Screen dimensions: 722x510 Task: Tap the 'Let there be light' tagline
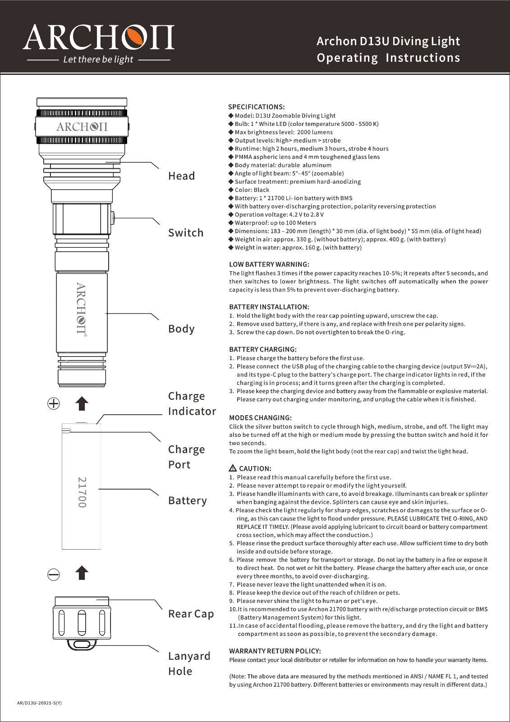pyautogui.click(x=98, y=60)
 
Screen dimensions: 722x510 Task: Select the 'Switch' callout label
pyautogui.click(x=186, y=233)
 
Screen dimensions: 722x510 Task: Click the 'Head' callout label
pyautogui.click(x=181, y=176)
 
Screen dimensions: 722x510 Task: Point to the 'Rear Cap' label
pyautogui.click(x=191, y=614)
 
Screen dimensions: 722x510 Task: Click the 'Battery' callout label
pyautogui.click(x=187, y=500)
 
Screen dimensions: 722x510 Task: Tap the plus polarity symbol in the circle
pyautogui.click(x=54, y=403)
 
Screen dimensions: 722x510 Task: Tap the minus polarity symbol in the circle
pyautogui.click(x=54, y=574)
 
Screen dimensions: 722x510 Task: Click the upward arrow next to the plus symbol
pyautogui.click(x=82, y=403)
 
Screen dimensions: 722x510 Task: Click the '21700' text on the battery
pyautogui.click(x=82, y=492)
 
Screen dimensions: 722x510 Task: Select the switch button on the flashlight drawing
pyautogui.click(x=112, y=218)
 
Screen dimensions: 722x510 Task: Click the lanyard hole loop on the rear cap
pyautogui.click(x=82, y=644)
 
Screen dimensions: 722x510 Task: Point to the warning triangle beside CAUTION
pyautogui.click(x=233, y=468)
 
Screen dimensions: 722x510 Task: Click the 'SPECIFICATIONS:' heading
pyautogui.click(x=256, y=107)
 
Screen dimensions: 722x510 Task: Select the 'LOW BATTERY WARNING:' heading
pyautogui.click(x=269, y=264)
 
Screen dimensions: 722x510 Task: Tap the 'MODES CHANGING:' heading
pyautogui.click(x=260, y=418)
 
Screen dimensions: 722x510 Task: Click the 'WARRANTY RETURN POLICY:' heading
pyautogui.click(x=275, y=651)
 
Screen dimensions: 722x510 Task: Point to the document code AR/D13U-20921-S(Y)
pyautogui.click(x=39, y=703)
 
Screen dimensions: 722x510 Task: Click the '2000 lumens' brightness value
pyautogui.click(x=315, y=132)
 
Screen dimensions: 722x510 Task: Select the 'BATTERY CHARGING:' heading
pyautogui.click(x=263, y=349)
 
